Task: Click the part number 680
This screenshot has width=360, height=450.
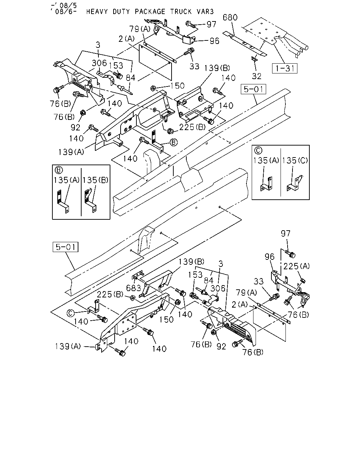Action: click(x=230, y=17)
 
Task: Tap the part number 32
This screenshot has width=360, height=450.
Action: click(x=256, y=76)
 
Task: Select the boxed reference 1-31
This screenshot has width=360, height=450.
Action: click(x=284, y=68)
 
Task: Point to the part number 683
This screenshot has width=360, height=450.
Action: click(x=134, y=288)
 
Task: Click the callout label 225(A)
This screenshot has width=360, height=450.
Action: click(x=296, y=266)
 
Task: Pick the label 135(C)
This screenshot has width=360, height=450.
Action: click(x=295, y=160)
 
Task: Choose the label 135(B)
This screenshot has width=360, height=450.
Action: click(x=95, y=180)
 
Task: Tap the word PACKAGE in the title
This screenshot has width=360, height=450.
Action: click(x=150, y=12)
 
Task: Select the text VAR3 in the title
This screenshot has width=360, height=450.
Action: click(x=205, y=12)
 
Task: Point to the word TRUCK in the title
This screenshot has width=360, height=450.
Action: click(x=181, y=12)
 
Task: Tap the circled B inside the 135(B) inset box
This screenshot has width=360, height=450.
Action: click(x=59, y=170)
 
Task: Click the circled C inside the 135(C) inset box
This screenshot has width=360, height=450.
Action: click(x=258, y=150)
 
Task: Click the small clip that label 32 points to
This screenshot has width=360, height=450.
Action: click(x=255, y=59)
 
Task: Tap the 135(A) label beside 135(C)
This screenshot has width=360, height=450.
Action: click(x=266, y=160)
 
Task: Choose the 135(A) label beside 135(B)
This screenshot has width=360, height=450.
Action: click(x=66, y=180)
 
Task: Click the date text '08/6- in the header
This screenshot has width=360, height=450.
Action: click(x=63, y=11)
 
